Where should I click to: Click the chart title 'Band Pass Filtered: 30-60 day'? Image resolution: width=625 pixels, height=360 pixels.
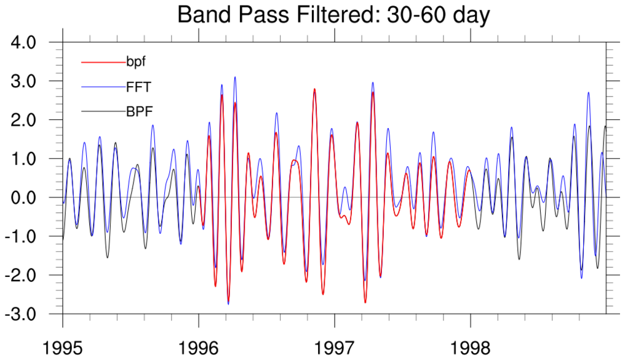(x=333, y=15)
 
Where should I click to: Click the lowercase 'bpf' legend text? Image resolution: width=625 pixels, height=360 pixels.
(x=136, y=62)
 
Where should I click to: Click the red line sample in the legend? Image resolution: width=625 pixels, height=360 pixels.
(x=103, y=62)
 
